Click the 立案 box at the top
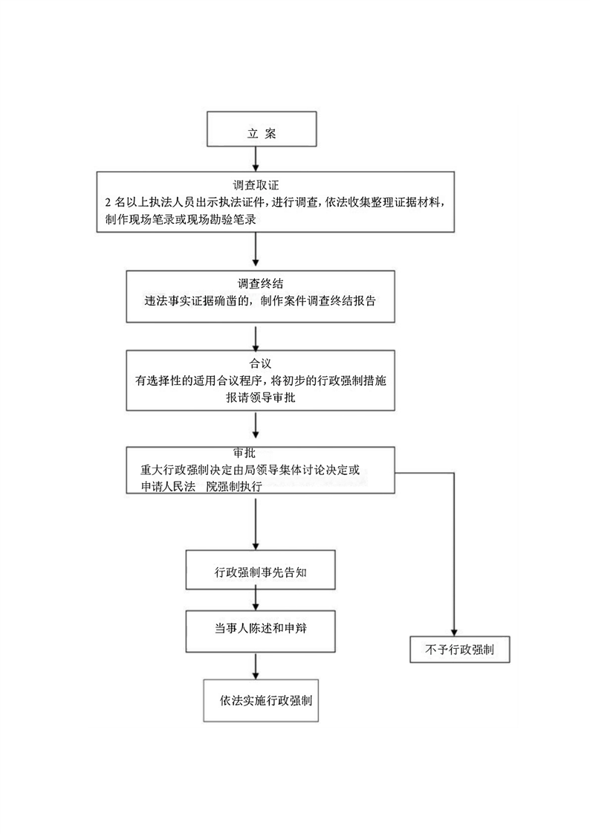coord(261,133)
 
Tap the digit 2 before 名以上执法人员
coord(108,203)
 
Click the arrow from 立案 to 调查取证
coord(256,159)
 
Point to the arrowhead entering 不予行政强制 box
coord(453,630)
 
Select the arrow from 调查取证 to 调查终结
coord(256,250)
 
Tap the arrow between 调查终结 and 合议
coord(256,337)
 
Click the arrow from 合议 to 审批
coord(256,427)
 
